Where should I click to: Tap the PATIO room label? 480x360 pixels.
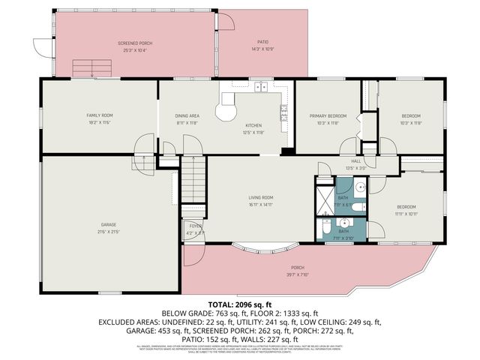click(262, 42)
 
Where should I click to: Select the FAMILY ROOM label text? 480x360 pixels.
click(99, 115)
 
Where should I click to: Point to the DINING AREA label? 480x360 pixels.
click(187, 115)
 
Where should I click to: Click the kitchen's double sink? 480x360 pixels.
click(260, 87)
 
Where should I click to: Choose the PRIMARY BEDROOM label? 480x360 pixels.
click(325, 115)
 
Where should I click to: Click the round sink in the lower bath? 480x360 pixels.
click(345, 222)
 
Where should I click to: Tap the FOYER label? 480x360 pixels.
click(195, 226)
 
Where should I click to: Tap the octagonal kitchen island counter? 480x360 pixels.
click(225, 112)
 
